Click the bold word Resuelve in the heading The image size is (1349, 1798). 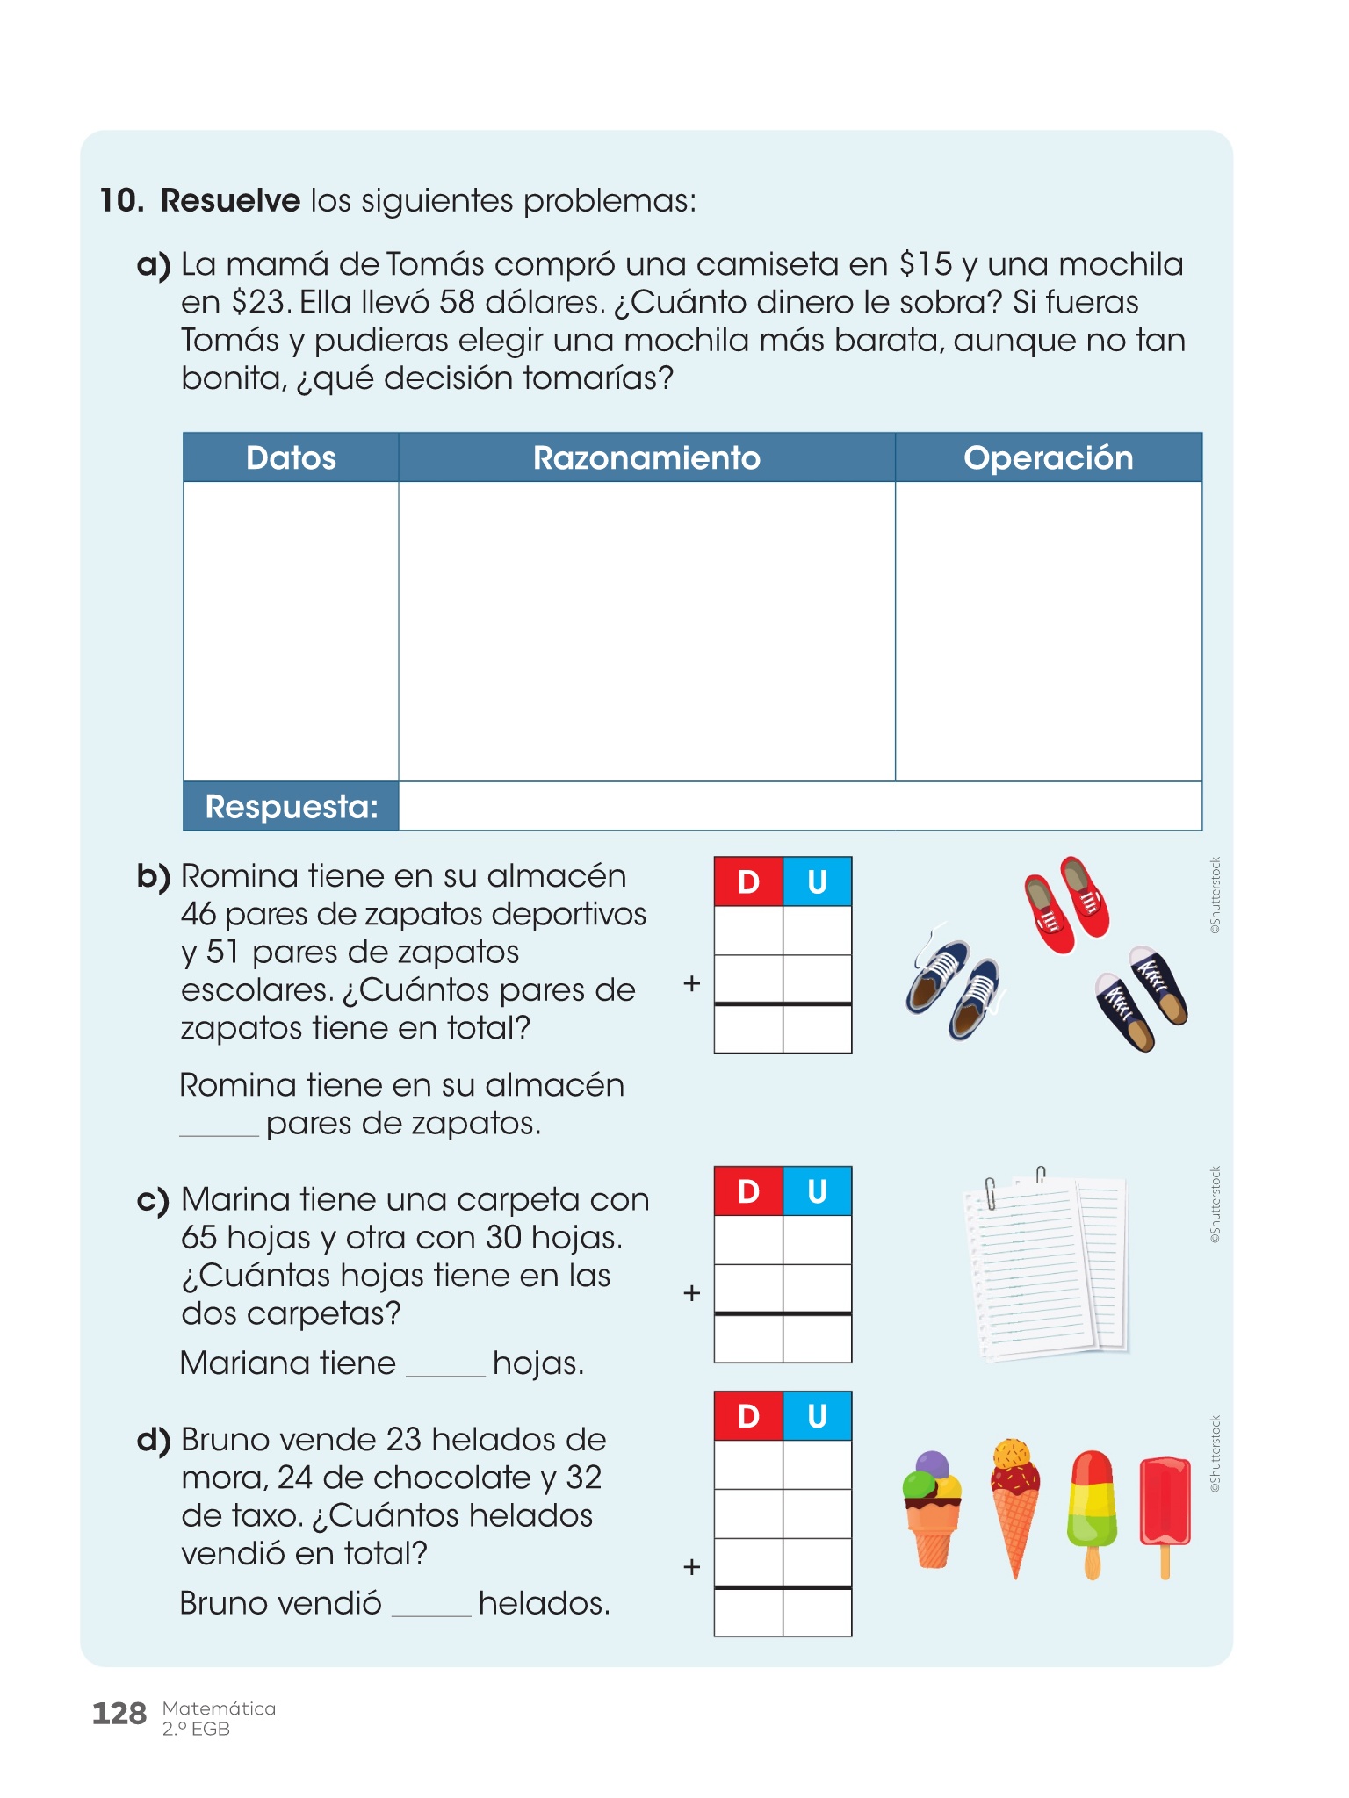click(x=230, y=201)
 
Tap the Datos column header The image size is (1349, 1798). click(x=291, y=458)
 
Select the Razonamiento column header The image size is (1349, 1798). click(x=646, y=458)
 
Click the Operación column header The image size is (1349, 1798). click(x=1048, y=458)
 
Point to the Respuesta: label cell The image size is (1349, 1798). click(x=291, y=806)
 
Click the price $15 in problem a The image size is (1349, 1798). click(x=926, y=264)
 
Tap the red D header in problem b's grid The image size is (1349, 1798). click(x=748, y=881)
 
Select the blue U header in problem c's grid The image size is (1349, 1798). click(x=817, y=1191)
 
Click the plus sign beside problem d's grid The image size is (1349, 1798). click(x=692, y=1567)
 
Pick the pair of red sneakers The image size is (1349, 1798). click(x=1066, y=903)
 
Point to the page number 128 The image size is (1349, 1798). click(x=119, y=1714)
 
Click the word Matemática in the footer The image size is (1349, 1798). click(x=219, y=1708)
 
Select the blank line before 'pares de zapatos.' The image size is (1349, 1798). click(x=219, y=1131)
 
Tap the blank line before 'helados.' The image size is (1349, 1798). click(x=431, y=1611)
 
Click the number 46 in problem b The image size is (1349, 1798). click(x=198, y=914)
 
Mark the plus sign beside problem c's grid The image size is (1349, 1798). click(x=692, y=1293)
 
